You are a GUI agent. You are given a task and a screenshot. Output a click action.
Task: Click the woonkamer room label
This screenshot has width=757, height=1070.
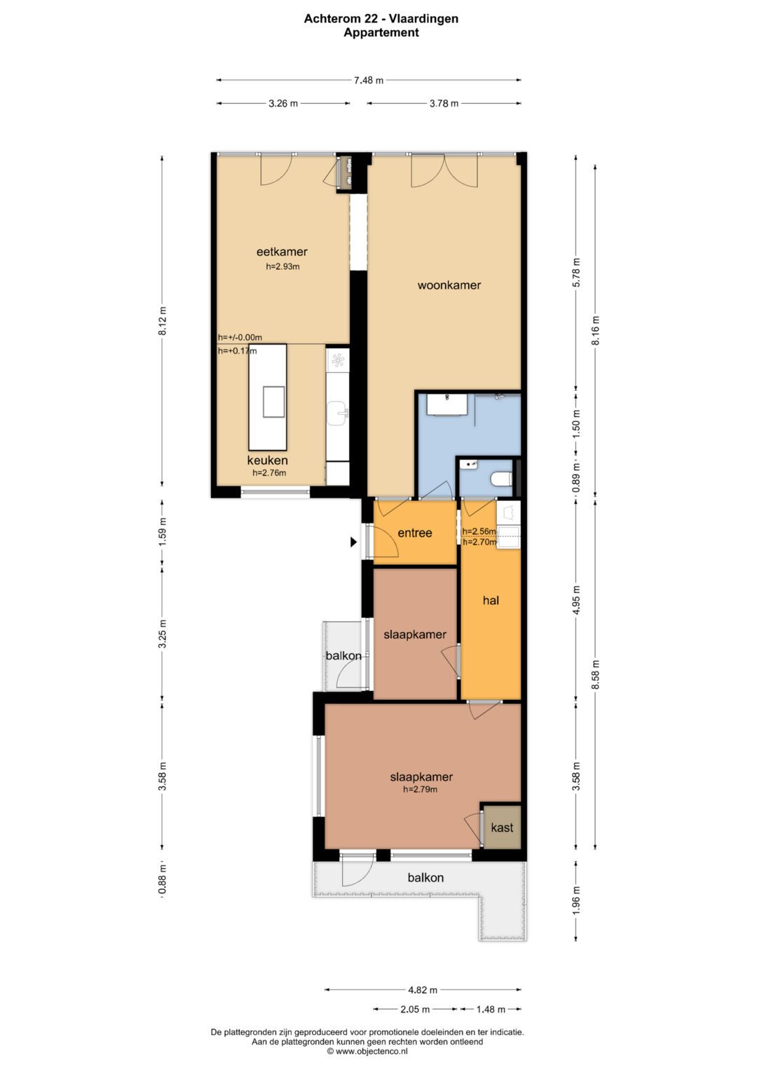click(449, 285)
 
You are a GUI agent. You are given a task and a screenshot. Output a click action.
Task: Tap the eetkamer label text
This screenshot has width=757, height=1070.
click(282, 252)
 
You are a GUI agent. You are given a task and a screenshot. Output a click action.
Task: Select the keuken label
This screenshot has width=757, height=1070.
click(267, 460)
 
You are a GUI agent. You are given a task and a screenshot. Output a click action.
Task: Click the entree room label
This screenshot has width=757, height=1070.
click(414, 533)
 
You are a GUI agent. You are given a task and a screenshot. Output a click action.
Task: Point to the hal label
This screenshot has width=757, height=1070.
click(491, 600)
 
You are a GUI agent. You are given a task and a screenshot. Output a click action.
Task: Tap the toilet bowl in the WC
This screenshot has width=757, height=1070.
click(501, 478)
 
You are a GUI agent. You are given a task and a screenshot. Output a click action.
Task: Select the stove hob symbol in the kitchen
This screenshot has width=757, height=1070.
click(338, 359)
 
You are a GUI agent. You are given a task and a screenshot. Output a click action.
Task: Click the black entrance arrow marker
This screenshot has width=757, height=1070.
click(354, 542)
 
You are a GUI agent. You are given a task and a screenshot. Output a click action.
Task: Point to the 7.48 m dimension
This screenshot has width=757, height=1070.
click(369, 81)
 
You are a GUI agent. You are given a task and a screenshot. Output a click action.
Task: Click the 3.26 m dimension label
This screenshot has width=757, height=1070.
click(283, 103)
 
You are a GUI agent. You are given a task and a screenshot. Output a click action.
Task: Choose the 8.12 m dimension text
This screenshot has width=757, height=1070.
click(163, 321)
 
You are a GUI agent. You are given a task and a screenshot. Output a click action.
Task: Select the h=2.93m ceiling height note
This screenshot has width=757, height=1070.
click(282, 266)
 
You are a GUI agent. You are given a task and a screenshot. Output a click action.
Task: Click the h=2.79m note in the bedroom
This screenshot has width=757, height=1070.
click(420, 789)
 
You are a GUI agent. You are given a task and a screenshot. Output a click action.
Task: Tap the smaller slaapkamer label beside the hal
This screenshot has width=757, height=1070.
click(415, 634)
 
